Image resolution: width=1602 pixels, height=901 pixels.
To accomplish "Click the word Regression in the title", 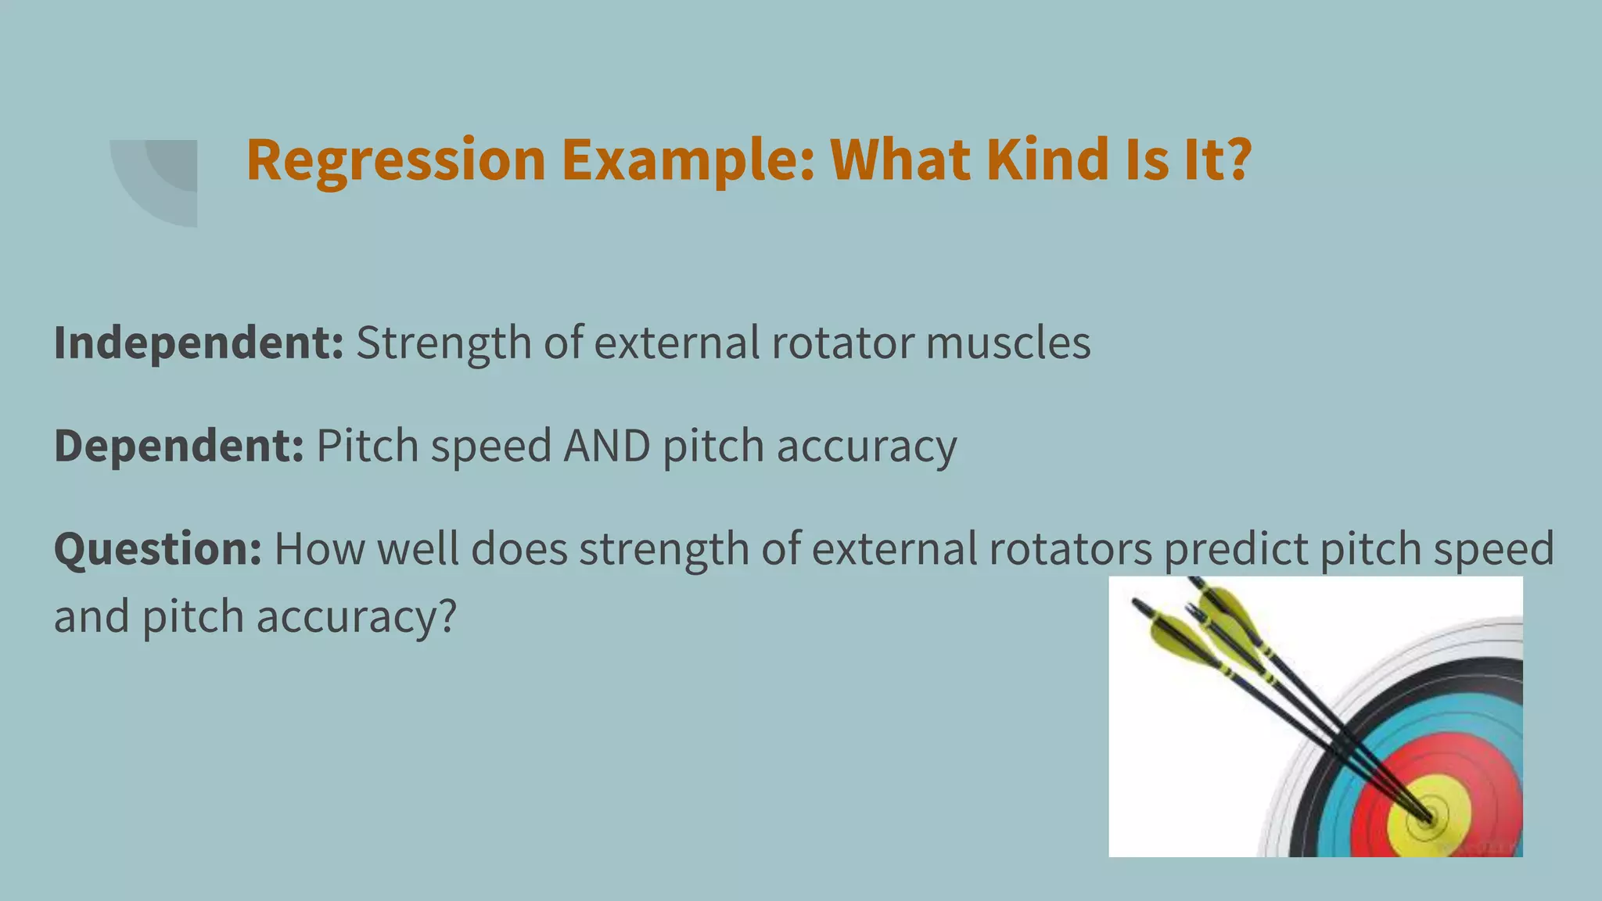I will [x=395, y=160].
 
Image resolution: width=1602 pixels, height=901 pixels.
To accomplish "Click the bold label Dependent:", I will [x=179, y=446].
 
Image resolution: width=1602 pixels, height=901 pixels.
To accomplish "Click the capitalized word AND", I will [x=607, y=446].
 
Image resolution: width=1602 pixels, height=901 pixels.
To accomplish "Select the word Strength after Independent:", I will [x=444, y=344].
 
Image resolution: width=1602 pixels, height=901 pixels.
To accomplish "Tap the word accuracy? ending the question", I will [x=356, y=618].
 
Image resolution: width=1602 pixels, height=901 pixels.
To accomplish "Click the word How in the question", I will [x=318, y=549].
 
